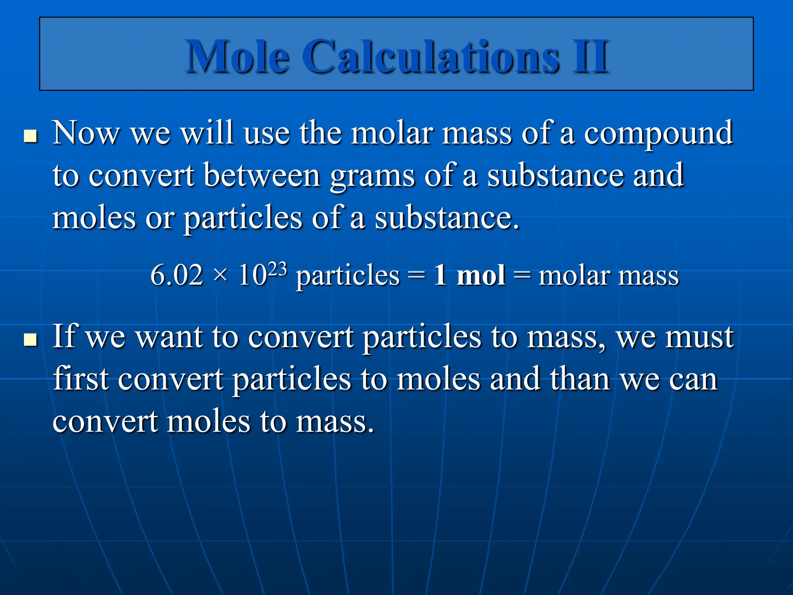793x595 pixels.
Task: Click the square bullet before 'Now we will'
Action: tap(31, 136)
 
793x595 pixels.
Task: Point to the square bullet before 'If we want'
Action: tap(31, 340)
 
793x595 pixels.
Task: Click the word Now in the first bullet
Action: tap(86, 133)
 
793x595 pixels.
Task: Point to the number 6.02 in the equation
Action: tap(177, 275)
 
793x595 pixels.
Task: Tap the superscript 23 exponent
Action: tap(277, 268)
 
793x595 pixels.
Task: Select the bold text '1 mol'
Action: tap(469, 275)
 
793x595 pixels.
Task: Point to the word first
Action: tap(81, 378)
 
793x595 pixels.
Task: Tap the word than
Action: tap(580, 378)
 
